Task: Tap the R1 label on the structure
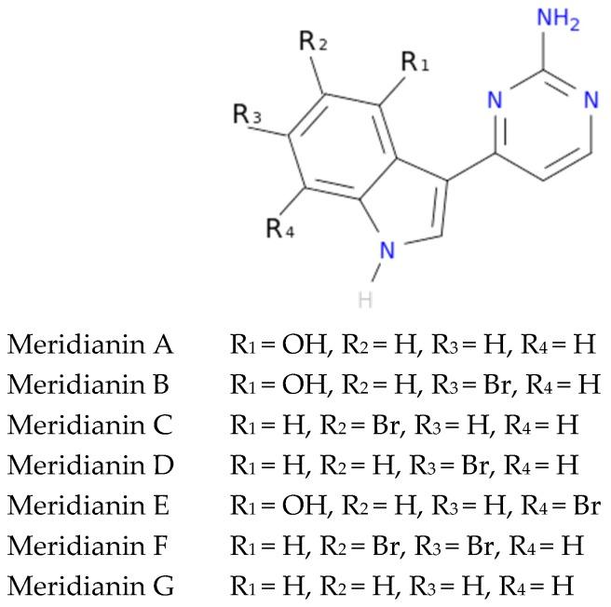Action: pos(414,63)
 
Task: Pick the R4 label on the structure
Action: pos(281,228)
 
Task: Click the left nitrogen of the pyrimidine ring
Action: pos(497,100)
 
